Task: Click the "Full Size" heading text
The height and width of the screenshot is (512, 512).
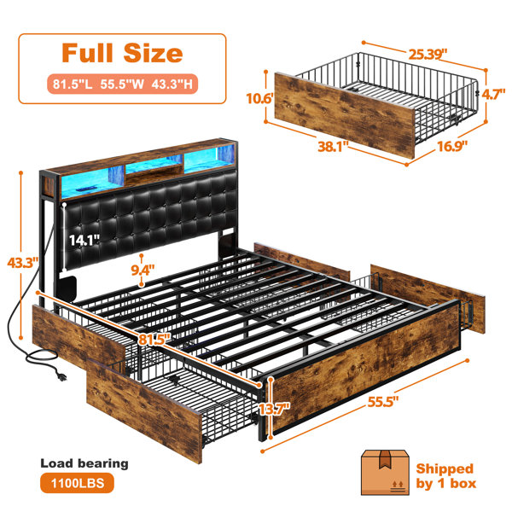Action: pyautogui.click(x=122, y=53)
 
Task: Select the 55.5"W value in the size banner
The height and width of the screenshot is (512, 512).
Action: pyautogui.click(x=122, y=84)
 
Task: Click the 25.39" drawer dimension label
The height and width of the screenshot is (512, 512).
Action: pyautogui.click(x=428, y=55)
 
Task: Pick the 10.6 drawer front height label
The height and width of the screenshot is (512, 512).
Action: pyautogui.click(x=259, y=98)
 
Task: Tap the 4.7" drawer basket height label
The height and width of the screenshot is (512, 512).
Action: pyautogui.click(x=493, y=95)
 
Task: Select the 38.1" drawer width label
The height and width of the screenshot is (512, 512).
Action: pyautogui.click(x=333, y=146)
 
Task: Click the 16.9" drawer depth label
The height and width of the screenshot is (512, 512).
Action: pyautogui.click(x=452, y=146)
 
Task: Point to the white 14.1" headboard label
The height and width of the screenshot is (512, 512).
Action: pyautogui.click(x=84, y=241)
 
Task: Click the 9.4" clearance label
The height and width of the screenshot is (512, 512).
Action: pyautogui.click(x=143, y=270)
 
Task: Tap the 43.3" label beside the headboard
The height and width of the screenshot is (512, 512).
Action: pyautogui.click(x=23, y=263)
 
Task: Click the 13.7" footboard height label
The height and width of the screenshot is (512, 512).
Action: pyautogui.click(x=274, y=409)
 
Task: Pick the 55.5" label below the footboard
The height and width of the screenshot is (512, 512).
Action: pyautogui.click(x=383, y=402)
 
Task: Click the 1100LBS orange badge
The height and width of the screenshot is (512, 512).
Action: pyautogui.click(x=78, y=483)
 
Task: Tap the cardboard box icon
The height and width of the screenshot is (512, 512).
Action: pyautogui.click(x=385, y=472)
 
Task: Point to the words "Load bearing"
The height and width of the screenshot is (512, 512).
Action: pyautogui.click(x=84, y=463)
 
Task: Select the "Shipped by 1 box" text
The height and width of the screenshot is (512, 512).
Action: pyautogui.click(x=445, y=476)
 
